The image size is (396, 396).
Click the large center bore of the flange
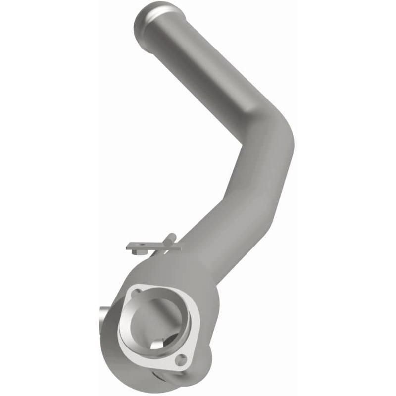pyautogui.click(x=153, y=322)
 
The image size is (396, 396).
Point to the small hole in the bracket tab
pyautogui.click(x=140, y=246)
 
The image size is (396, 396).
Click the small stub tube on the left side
pyautogui.click(x=103, y=314)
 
